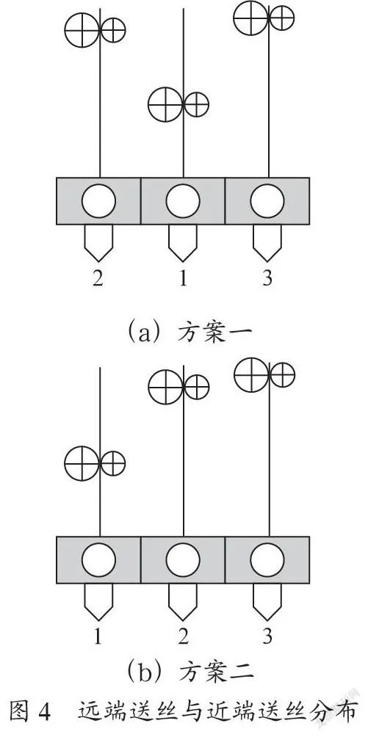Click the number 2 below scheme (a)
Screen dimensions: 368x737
point(98,279)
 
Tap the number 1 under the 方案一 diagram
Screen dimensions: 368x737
point(183,279)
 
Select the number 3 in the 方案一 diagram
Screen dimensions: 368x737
point(267,279)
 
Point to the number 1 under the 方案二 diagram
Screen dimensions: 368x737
point(98,637)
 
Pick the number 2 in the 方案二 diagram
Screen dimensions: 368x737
point(183,637)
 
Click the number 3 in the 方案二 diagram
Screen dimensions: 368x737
point(267,637)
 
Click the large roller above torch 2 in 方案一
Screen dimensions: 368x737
point(82,30)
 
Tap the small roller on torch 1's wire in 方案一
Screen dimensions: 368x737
point(197,104)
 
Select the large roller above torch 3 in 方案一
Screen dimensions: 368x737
point(251,18)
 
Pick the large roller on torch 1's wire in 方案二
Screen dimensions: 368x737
point(82,463)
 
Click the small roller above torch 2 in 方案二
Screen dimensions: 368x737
point(197,387)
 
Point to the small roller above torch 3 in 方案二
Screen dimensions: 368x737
point(282,375)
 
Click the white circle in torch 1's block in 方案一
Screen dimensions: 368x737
point(183,201)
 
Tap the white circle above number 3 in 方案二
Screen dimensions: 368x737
point(267,559)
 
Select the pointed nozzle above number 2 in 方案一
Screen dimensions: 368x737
point(98,242)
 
